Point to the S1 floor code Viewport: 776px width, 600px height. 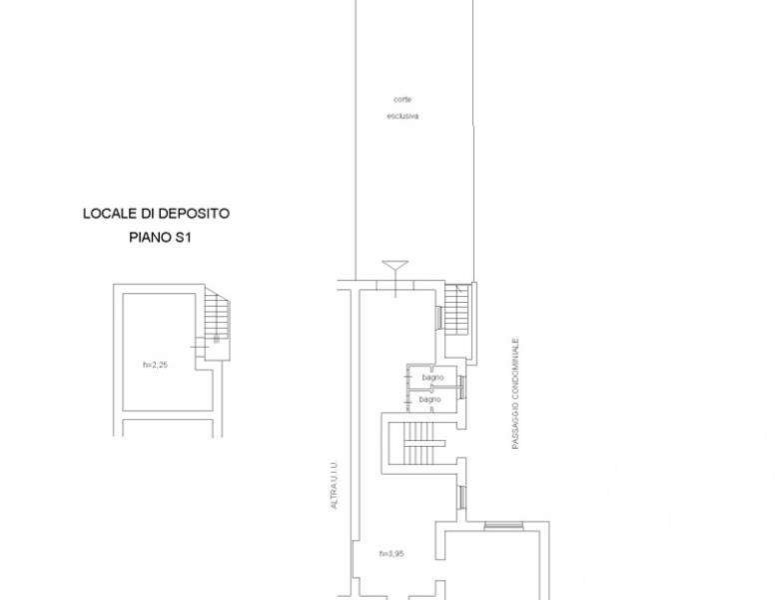coord(182,237)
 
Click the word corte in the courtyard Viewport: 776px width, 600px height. coord(402,100)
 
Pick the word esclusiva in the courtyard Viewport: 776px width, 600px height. coord(402,116)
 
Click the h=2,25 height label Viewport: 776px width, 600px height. coord(156,365)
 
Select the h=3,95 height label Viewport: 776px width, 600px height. coord(391,553)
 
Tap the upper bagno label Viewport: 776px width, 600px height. coord(433,378)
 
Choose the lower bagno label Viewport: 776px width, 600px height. coord(429,399)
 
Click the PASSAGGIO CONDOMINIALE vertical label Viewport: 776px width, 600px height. coord(515,394)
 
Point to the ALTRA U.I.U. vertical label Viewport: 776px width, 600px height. coord(334,485)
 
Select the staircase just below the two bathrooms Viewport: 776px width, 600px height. coord(418,443)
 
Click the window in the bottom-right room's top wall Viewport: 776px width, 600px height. coord(503,526)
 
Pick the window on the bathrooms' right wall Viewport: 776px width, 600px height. coord(461,387)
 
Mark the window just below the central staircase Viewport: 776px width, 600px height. coord(461,497)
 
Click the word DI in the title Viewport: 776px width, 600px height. coord(147,214)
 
